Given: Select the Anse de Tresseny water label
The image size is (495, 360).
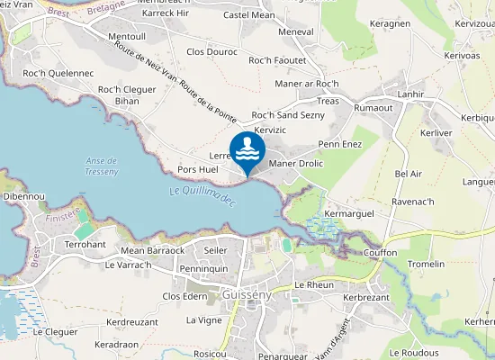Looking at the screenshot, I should pyautogui.click(x=102, y=166).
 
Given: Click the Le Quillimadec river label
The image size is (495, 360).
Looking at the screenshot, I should pyautogui.click(x=202, y=191).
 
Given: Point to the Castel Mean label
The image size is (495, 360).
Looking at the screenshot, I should pyautogui.click(x=248, y=14).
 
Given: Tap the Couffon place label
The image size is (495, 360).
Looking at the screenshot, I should pyautogui.click(x=381, y=253).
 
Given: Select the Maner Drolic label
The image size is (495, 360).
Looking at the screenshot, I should pyautogui.click(x=295, y=163).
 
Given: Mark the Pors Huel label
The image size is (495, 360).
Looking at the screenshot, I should pyautogui.click(x=198, y=169).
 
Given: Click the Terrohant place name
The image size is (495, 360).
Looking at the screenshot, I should pyautogui.click(x=86, y=244).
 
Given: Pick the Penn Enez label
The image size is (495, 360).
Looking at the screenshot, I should pyautogui.click(x=339, y=144).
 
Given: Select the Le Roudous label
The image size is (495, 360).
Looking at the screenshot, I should pyautogui.click(x=413, y=352).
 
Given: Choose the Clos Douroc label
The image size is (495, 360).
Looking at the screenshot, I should pyautogui.click(x=211, y=52).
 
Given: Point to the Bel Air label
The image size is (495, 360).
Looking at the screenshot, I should pyautogui.click(x=408, y=173).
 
